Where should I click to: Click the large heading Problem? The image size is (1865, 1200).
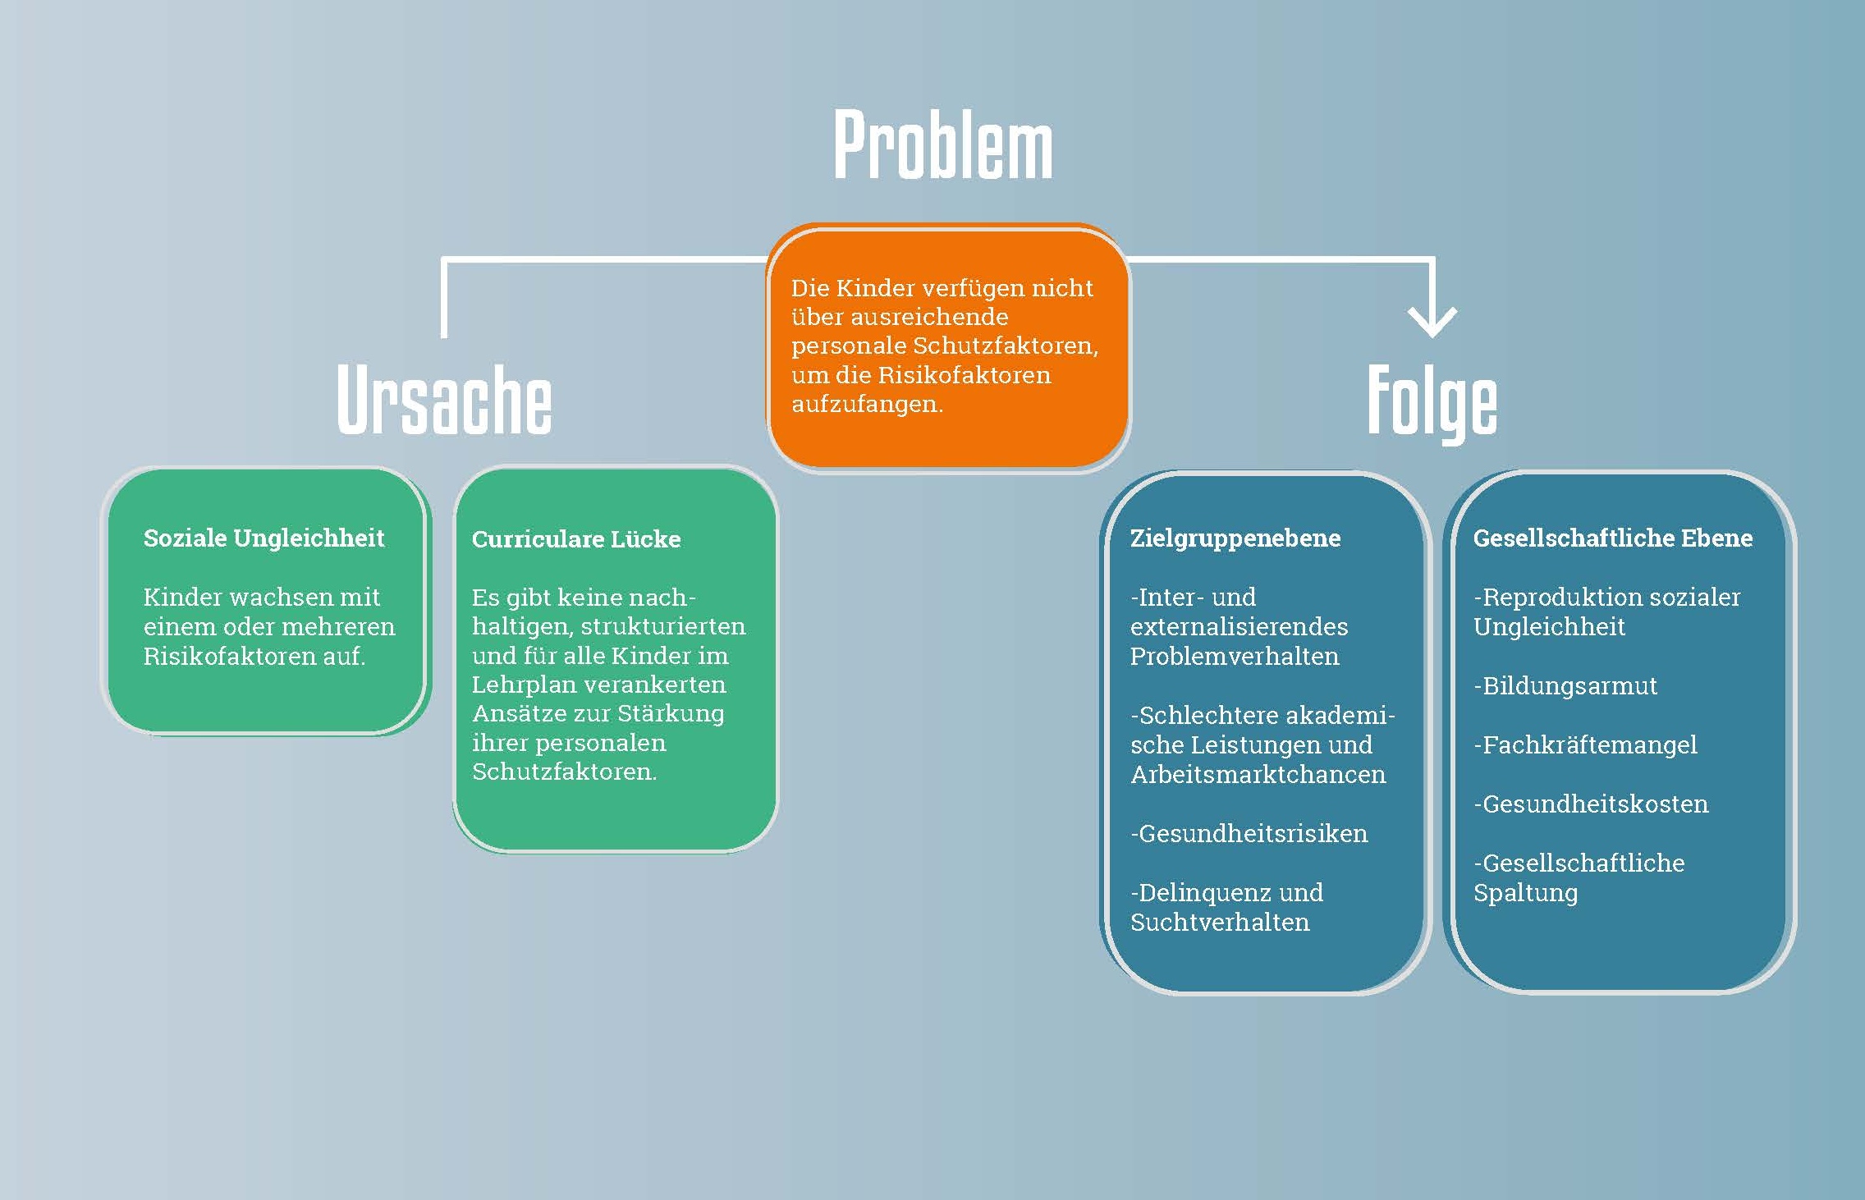pyautogui.click(x=942, y=145)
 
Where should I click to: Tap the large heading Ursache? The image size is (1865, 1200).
pyautogui.click(x=444, y=401)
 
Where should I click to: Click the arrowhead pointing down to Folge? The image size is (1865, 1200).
pyautogui.click(x=1432, y=321)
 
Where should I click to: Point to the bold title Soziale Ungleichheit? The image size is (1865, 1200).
pyautogui.click(x=263, y=538)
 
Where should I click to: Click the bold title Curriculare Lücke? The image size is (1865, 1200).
pyautogui.click(x=575, y=539)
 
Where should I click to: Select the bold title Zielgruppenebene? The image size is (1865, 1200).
pyautogui.click(x=1235, y=538)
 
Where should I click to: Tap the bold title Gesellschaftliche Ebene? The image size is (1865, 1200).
pyautogui.click(x=1612, y=538)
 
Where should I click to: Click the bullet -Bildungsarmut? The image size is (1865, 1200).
pyautogui.click(x=1565, y=685)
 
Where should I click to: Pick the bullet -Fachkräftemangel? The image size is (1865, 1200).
pyautogui.click(x=1584, y=745)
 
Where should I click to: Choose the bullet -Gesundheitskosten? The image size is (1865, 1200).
pyautogui.click(x=1590, y=804)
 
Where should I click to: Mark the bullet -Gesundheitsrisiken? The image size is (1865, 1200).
pyautogui.click(x=1249, y=834)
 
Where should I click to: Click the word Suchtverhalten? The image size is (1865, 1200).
pyautogui.click(x=1220, y=923)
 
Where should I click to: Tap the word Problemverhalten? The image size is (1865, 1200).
pyautogui.click(x=1234, y=657)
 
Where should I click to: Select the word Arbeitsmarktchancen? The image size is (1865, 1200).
pyautogui.click(x=1258, y=775)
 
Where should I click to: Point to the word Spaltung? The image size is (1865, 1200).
pyautogui.click(x=1525, y=893)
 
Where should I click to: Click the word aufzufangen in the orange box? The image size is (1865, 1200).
pyautogui.click(x=865, y=404)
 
